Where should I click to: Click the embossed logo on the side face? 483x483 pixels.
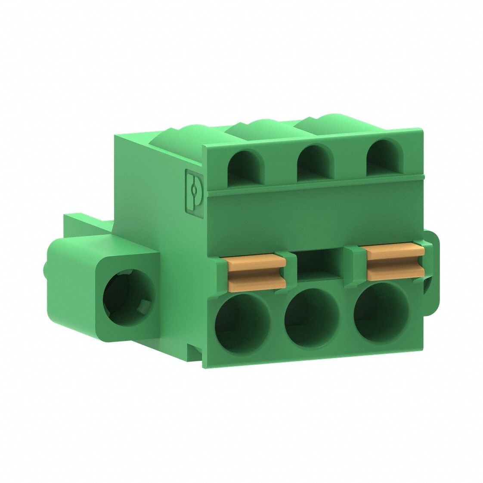194,189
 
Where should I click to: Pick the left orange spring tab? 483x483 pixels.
257,272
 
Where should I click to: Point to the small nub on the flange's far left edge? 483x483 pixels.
45,269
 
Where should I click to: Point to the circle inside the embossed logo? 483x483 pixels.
195,189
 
